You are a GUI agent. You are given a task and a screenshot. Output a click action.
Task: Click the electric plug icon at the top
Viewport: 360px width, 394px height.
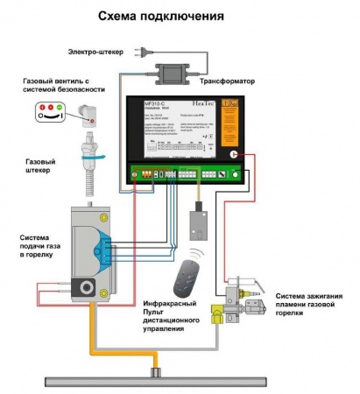(140, 53)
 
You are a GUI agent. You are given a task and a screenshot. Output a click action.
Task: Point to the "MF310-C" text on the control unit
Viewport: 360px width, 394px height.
(156, 102)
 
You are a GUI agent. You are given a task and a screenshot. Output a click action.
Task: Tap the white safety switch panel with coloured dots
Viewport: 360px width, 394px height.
(48, 110)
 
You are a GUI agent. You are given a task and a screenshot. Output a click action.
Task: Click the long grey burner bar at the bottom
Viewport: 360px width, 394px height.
(159, 377)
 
